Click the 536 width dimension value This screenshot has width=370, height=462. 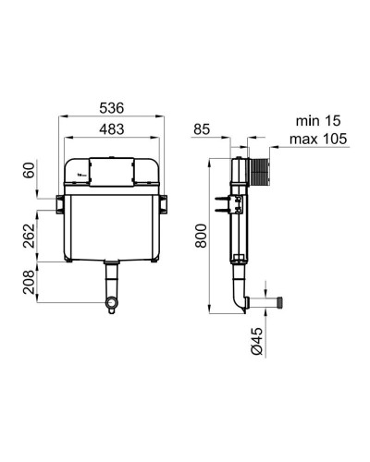click(113, 108)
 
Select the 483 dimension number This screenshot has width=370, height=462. click(113, 128)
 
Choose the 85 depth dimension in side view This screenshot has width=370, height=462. click(203, 129)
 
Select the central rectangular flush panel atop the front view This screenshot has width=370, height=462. click(113, 168)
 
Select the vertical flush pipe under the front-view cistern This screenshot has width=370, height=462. click(113, 279)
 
